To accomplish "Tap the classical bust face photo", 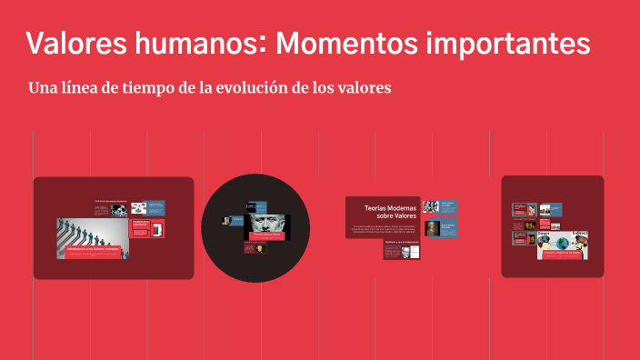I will (267, 223).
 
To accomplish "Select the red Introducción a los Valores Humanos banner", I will (92, 247).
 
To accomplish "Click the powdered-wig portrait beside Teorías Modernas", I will (433, 227).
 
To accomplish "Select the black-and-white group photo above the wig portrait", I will (431, 206).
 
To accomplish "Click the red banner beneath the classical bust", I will (268, 235).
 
